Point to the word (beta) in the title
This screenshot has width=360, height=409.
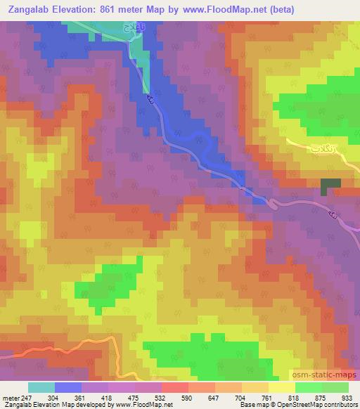[x=279, y=9]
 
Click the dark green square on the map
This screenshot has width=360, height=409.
[x=330, y=186]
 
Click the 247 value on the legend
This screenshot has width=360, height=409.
[x=25, y=398]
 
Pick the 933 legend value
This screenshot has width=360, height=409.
[x=347, y=398]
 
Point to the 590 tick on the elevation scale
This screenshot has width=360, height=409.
[x=187, y=398]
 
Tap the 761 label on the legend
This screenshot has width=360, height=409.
[x=267, y=398]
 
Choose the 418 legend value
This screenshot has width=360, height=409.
[x=107, y=398]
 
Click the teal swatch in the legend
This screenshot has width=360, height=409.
[x=41, y=387]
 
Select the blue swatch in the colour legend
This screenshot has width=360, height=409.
[x=68, y=387]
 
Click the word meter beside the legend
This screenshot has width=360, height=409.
[x=9, y=398]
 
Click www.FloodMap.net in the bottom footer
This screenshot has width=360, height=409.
[x=145, y=405]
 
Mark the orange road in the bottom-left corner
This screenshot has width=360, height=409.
[x=56, y=346]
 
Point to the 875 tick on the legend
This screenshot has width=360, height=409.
[x=321, y=398]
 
